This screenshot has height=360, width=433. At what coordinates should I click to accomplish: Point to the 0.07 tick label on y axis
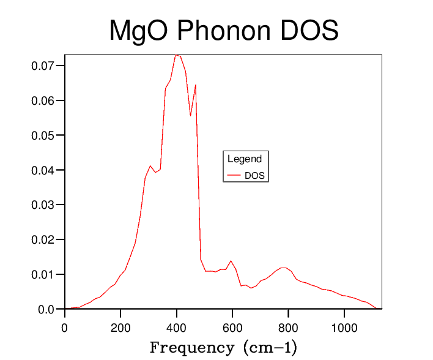[43, 66]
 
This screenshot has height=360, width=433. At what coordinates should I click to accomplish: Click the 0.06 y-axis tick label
[43, 100]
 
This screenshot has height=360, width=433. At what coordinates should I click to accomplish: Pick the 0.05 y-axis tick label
[43, 135]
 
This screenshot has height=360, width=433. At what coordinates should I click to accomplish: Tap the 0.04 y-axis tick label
[43, 170]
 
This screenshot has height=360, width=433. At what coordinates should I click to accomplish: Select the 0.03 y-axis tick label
[43, 204]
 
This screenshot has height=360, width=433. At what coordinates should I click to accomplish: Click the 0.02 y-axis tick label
[43, 239]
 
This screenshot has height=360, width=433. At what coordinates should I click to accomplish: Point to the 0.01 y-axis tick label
[43, 274]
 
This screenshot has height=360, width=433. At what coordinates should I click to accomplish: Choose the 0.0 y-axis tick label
[46, 309]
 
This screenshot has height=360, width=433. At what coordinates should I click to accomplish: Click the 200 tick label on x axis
[120, 327]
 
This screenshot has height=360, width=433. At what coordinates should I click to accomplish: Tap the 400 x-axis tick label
[177, 327]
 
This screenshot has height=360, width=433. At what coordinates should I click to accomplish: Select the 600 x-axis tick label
[232, 327]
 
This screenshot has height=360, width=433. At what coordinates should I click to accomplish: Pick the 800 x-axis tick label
[288, 327]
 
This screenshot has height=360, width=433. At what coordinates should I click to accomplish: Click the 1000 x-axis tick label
[344, 327]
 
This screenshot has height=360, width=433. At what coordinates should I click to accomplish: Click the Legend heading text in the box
[245, 159]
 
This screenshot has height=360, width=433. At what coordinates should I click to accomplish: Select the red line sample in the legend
[234, 175]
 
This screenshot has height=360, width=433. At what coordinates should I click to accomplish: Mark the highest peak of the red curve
[177, 55]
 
